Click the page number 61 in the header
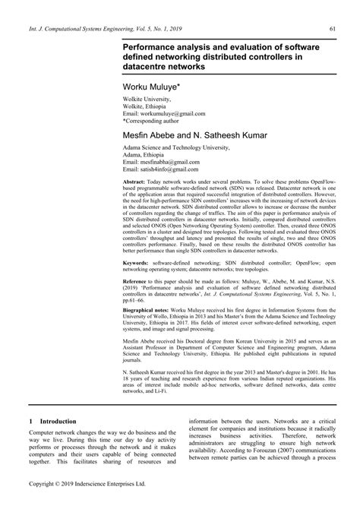pos(332,29)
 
